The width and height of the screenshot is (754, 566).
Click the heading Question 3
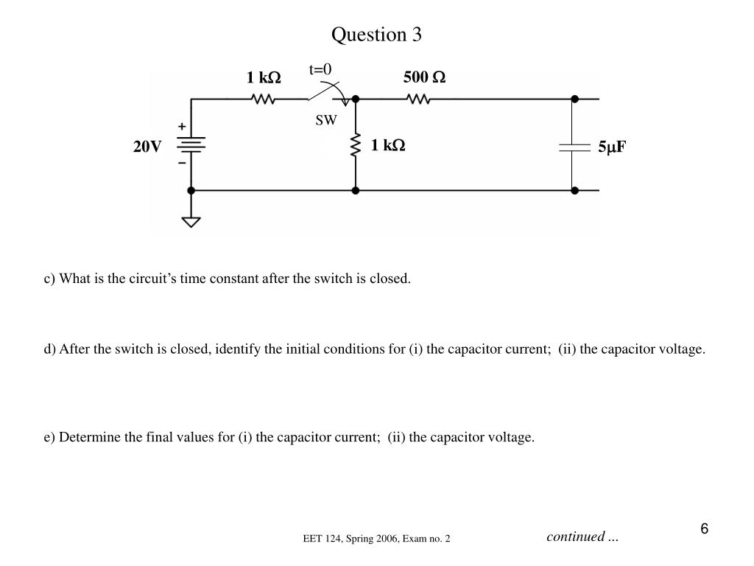[x=376, y=35]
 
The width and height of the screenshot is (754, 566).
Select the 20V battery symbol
[x=191, y=145]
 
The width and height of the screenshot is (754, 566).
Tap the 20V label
[x=147, y=147]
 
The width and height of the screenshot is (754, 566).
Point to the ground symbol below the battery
[x=191, y=220]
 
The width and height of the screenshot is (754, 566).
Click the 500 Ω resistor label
[x=424, y=77]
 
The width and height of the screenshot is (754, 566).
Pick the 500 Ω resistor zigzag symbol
[x=418, y=99]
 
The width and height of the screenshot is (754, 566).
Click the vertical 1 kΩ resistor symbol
[x=356, y=145]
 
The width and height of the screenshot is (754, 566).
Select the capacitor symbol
[x=574, y=147]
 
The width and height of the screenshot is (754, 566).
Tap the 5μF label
[x=611, y=147]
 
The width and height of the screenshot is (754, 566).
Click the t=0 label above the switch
[x=320, y=69]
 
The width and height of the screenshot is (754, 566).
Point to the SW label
[x=325, y=121]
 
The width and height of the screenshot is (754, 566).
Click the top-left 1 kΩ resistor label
[x=264, y=77]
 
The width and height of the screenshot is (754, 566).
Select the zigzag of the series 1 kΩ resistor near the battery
[x=263, y=99]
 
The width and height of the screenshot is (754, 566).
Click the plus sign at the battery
[x=182, y=127]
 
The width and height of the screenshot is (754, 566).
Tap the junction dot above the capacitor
[x=574, y=99]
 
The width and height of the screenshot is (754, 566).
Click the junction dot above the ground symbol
[x=191, y=190]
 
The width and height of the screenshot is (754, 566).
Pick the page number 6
[x=705, y=529]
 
